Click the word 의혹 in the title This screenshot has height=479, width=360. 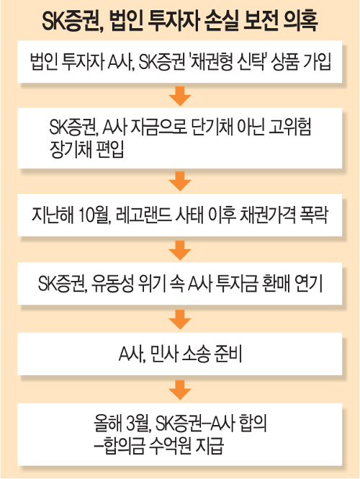[x=300, y=20]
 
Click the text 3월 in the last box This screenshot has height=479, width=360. [x=138, y=424]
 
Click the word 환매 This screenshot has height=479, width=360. [x=276, y=284]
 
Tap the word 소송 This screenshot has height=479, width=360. [x=196, y=354]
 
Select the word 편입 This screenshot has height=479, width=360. [x=110, y=150]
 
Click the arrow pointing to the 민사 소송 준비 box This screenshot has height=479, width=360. [x=180, y=320]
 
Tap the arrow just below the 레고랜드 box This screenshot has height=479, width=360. [x=180, y=251]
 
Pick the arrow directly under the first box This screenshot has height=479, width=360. [x=180, y=97]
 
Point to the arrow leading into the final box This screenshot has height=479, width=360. [x=180, y=390]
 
